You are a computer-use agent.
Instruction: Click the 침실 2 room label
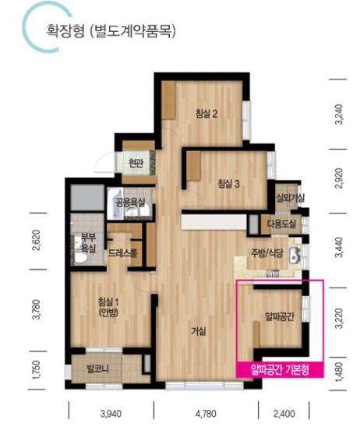pyautogui.click(x=206, y=114)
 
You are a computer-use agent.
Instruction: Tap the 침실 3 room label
pyautogui.click(x=228, y=184)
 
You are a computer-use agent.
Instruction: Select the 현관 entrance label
pyautogui.click(x=136, y=164)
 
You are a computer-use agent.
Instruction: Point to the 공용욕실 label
pyautogui.click(x=130, y=203)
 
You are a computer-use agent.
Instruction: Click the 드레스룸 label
pyautogui.click(x=122, y=252)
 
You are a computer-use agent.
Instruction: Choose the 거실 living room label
pyautogui.click(x=199, y=330)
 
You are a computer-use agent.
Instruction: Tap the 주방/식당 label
pyautogui.click(x=266, y=253)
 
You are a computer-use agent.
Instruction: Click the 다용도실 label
pyautogui.click(x=281, y=224)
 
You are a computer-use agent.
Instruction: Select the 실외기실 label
pyautogui.click(x=291, y=198)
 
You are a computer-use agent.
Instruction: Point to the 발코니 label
pyautogui.click(x=97, y=369)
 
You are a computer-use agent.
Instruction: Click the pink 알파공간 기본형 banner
pyautogui.click(x=280, y=369)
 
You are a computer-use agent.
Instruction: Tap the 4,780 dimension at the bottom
pyautogui.click(x=206, y=414)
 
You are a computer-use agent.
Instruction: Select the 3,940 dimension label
pyautogui.click(x=111, y=414)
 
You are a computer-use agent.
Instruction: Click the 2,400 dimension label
pyautogui.click(x=284, y=414)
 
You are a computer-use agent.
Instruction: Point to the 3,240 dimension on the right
pyautogui.click(x=339, y=115)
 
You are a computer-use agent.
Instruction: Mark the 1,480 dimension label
pyautogui.click(x=339, y=372)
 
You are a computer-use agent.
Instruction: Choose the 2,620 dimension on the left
pyautogui.click(x=37, y=240)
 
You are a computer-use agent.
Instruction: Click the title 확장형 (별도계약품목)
pyautogui.click(x=111, y=31)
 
